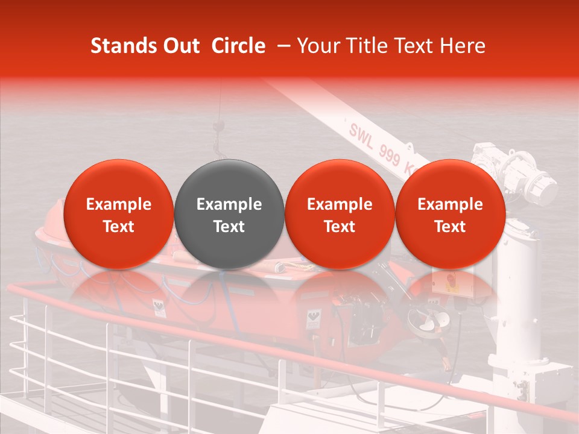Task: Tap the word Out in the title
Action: point(180,46)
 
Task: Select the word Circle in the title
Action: point(238,46)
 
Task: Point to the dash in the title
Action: point(281,46)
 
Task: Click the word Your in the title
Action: point(317,46)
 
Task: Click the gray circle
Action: point(229,215)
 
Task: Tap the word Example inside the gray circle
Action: point(229,204)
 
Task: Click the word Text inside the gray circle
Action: point(229,227)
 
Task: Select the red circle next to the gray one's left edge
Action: point(119,215)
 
